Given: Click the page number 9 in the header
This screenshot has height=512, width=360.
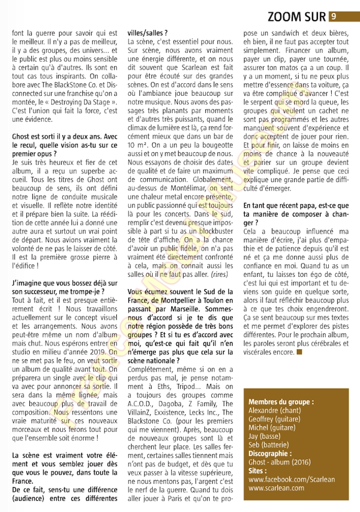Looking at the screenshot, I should pos(334,16).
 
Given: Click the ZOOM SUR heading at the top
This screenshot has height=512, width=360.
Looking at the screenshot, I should pos(297,17).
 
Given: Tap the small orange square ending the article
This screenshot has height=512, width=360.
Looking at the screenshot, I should pos(299,352).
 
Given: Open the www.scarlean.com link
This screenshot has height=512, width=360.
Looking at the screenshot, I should pos(276,487).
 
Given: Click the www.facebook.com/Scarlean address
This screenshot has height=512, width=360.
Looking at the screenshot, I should pos(292,479).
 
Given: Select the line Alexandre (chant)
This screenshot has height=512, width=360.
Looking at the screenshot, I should pos(274,410).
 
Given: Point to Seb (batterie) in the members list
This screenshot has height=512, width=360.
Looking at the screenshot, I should pos(268,445).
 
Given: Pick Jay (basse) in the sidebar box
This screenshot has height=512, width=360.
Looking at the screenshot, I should pos(264,436).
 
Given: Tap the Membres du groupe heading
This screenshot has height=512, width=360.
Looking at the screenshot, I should pos(281,401).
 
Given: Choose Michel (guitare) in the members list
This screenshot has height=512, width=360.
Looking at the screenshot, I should pos(272,427).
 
